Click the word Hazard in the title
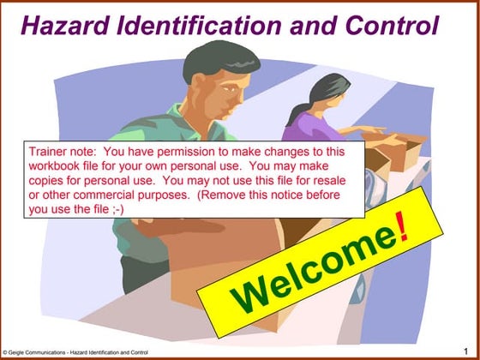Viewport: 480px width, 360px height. coord(58,26)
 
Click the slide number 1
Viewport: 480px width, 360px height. coord(465,351)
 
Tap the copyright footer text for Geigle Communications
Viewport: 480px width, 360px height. coord(75,352)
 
